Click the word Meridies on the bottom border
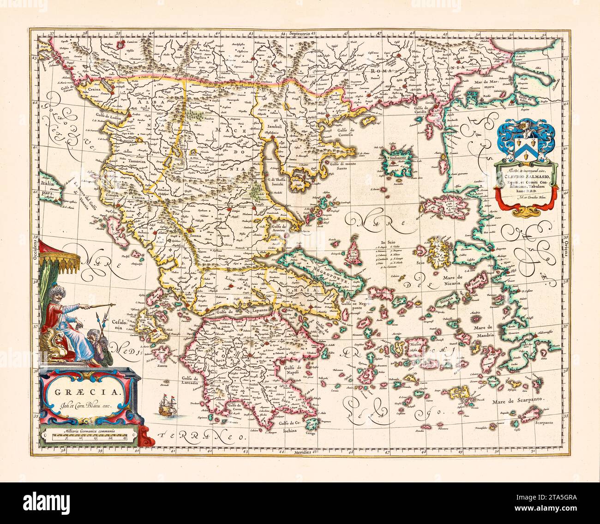(304, 452)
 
